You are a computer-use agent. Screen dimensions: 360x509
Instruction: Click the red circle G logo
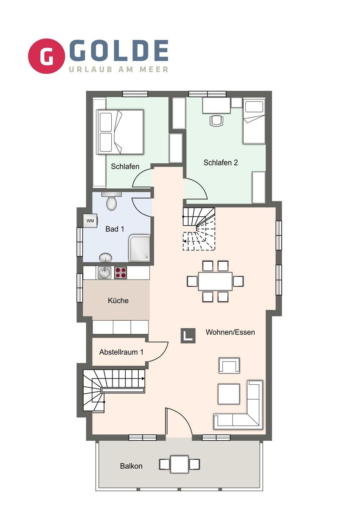pos(46,56)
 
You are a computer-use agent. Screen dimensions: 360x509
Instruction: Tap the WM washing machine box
pos(90,221)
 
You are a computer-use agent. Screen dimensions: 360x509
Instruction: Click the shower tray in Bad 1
pos(140,249)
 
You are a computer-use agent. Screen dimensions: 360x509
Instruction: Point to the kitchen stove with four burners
pos(121,273)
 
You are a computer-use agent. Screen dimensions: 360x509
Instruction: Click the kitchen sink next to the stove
pos(104,273)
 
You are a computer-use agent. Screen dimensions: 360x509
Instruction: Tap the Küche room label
pos(118,301)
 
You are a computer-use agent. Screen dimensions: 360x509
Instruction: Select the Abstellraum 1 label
pos(121,352)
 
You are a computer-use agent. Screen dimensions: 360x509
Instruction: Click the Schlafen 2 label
pos(221,162)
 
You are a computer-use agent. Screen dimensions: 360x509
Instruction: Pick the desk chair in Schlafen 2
pos(216,120)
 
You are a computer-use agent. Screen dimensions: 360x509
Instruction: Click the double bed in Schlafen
pos(120,132)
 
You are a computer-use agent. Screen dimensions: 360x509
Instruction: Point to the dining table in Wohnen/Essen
pos(215,281)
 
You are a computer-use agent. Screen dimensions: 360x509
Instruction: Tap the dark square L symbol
pos(188,336)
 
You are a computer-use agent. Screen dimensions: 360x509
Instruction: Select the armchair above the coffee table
pos(229,365)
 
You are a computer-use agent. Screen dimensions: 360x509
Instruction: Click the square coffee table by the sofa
pos(229,394)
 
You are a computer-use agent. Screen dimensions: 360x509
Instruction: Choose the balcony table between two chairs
pos(180,464)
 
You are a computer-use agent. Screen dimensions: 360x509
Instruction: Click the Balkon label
pos(131,466)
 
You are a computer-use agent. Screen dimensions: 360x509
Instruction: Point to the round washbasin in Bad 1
pos(106,258)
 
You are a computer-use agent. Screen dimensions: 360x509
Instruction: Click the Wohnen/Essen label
pos(230,332)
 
